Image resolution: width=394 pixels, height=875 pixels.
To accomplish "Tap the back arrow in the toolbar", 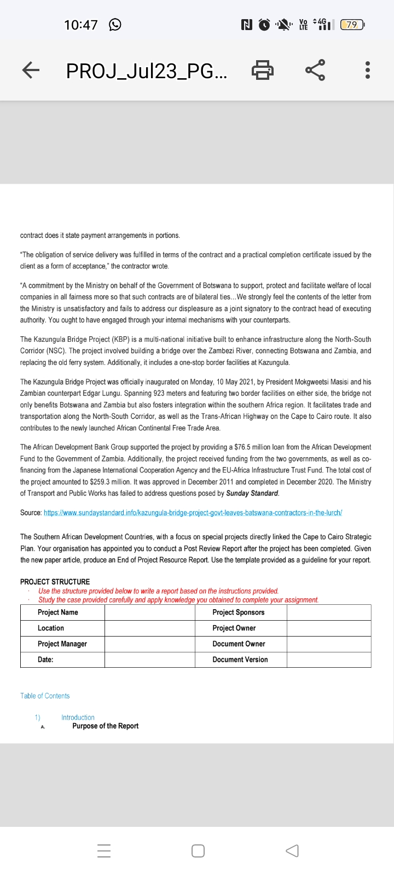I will pos(31,70).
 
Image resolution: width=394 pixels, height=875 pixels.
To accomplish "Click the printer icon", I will pos(262,70).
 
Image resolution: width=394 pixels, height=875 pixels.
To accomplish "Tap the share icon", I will pos(315,70).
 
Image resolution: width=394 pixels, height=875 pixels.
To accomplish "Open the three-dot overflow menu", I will pos(367,70).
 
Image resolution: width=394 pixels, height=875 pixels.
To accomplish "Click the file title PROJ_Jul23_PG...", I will pos(147,71).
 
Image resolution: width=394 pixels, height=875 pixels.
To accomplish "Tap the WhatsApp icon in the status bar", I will pos(115,25).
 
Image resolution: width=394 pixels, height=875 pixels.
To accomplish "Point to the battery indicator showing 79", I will pos(352,25).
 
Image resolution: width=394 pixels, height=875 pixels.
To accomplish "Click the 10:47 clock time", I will pos(80,25).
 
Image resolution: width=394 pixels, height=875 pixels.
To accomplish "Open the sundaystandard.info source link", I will pos(193,513).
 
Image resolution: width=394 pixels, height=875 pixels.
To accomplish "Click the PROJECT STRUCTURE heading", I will pos(55,581).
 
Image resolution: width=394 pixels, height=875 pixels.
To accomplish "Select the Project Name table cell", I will pos(58,612).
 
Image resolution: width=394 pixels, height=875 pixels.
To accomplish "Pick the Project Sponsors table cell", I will pos(239,612).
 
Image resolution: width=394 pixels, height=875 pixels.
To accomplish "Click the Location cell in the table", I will pos(51,628).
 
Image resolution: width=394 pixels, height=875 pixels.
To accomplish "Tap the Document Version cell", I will pos(240,660).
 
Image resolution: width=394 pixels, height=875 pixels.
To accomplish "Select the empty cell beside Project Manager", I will pos(149,644).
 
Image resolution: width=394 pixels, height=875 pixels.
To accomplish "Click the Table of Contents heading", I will pos(45,696).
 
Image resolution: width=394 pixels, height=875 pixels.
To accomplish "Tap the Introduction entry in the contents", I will pos(78,717).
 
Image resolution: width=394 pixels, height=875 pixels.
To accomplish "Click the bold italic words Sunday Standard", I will pos(252,493).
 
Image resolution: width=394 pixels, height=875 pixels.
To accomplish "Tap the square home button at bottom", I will pos(198,851).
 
